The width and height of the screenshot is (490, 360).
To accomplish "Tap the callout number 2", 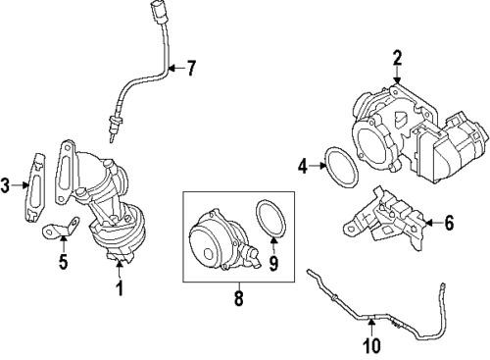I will [x=397, y=57].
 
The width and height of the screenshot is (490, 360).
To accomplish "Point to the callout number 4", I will [x=303, y=166].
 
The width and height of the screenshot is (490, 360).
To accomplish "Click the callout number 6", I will [x=449, y=223].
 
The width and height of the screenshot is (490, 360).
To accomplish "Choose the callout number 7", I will [x=192, y=68].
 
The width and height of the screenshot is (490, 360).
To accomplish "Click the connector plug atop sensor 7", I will [x=162, y=14].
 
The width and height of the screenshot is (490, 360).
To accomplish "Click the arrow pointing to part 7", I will [x=176, y=68].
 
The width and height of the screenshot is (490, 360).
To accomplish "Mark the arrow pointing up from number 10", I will [x=371, y=325].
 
